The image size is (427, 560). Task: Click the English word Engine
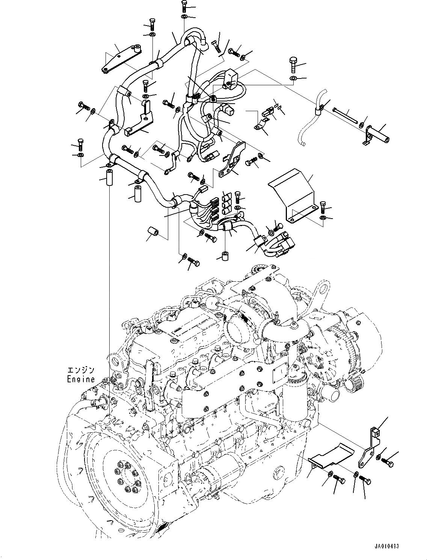tap(81, 379)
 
